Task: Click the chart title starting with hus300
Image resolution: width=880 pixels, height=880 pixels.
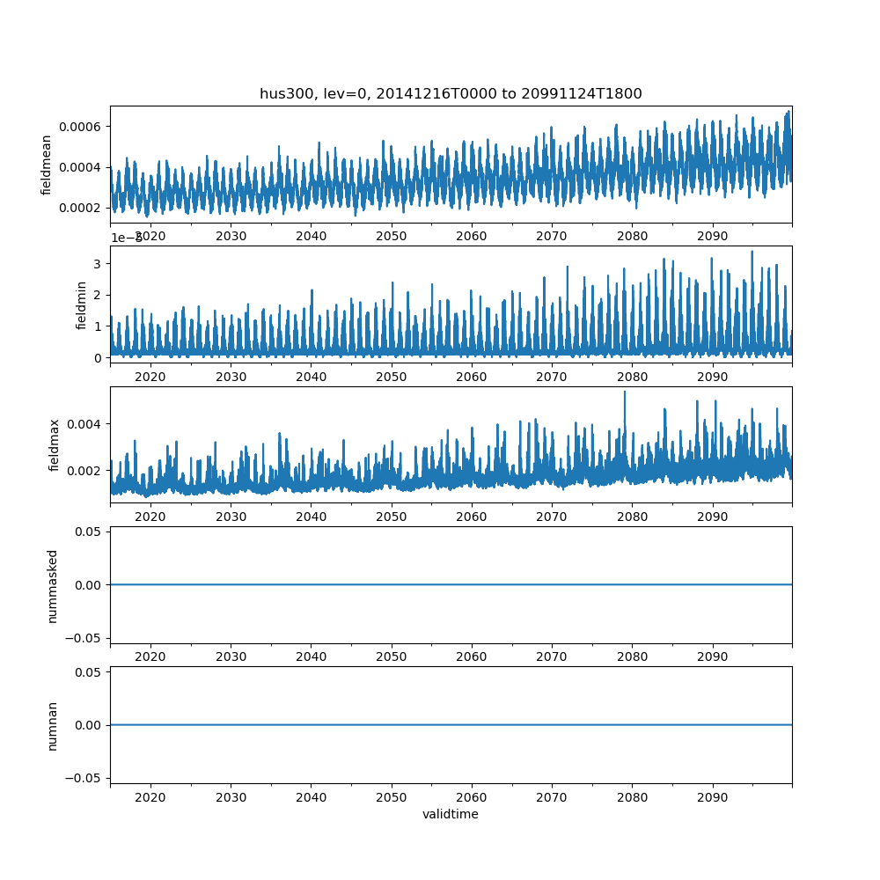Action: point(451,93)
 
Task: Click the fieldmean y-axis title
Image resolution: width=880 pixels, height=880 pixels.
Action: point(47,165)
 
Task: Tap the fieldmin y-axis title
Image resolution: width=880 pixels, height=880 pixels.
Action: point(82,304)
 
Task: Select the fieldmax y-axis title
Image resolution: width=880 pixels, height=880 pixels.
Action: point(55,445)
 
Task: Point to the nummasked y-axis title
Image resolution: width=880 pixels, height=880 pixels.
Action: point(53,585)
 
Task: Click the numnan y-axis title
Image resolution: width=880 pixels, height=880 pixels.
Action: point(53,725)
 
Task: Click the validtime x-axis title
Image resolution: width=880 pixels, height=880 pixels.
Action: point(451,814)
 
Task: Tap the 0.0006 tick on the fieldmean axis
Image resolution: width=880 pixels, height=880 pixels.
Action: point(80,127)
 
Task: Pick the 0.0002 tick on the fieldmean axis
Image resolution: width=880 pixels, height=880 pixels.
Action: point(80,208)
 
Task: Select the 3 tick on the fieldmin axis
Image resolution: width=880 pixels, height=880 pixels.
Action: point(99,264)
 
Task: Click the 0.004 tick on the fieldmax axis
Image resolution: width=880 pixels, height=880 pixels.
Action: point(86,424)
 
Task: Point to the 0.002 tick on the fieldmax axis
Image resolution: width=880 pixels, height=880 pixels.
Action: point(86,471)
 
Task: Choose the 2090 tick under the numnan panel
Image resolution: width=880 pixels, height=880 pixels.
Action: point(712,796)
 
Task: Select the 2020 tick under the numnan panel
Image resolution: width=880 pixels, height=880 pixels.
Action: point(150,796)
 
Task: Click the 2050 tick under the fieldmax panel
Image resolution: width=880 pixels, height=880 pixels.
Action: point(392,517)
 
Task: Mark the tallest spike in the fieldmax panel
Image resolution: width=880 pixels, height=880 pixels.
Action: point(625,392)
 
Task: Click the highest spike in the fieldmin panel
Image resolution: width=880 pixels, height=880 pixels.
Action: point(752,252)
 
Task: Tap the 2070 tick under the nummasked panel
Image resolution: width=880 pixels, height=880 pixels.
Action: point(552,656)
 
